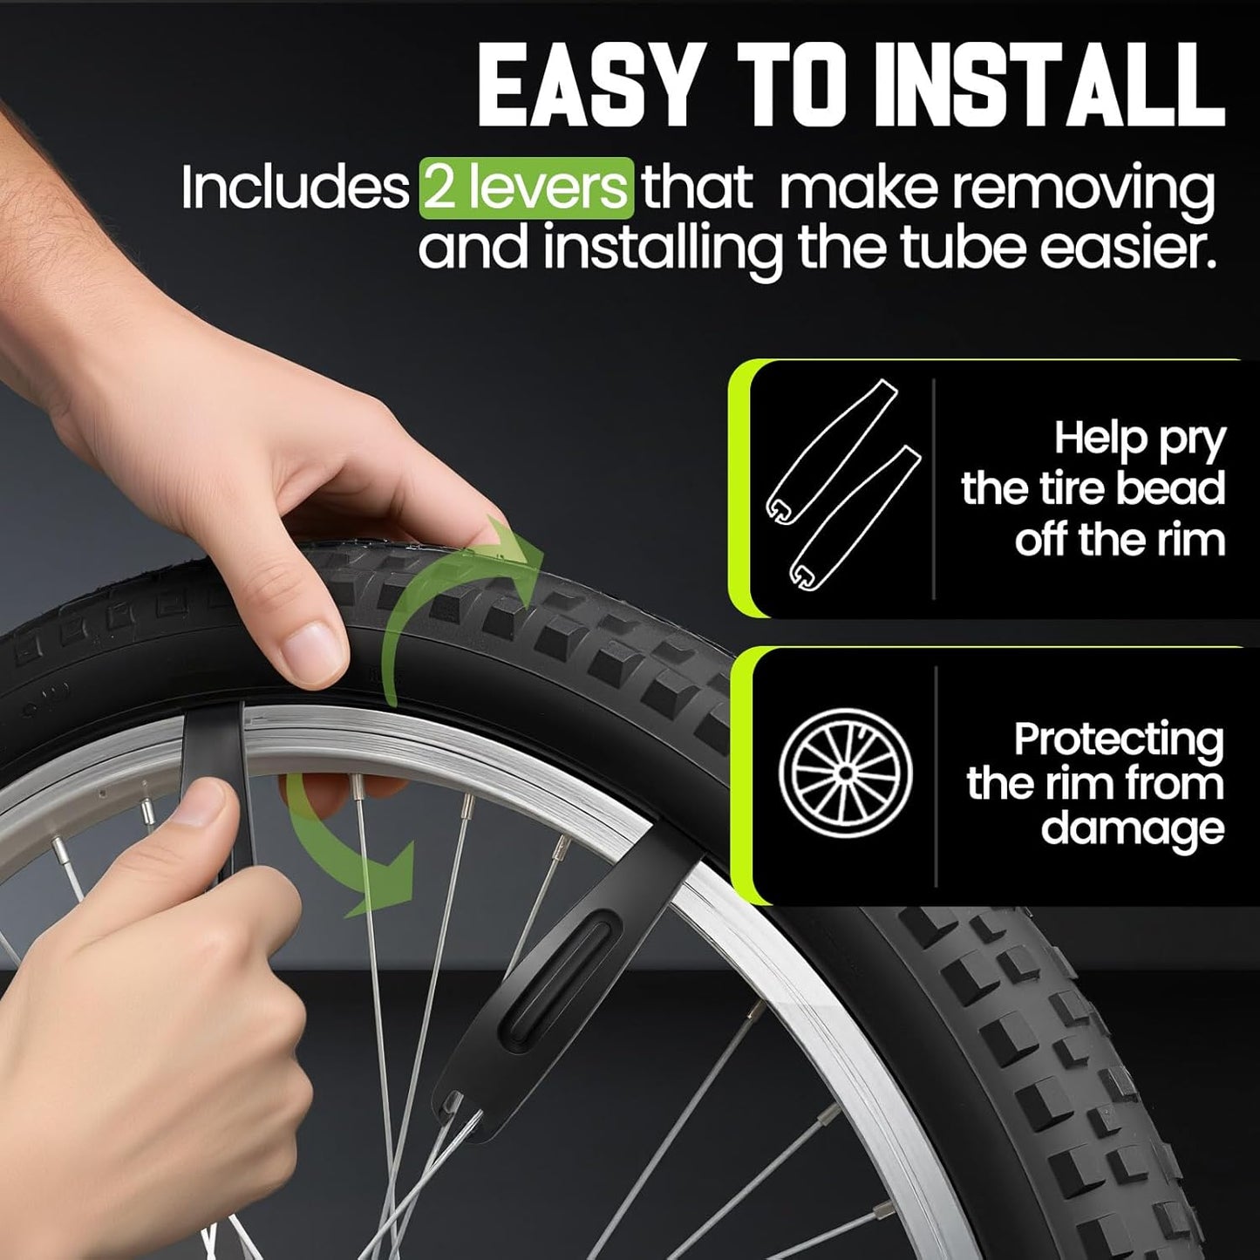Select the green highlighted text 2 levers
click(x=526, y=187)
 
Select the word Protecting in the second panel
click(x=1119, y=739)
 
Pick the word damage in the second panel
click(x=1133, y=827)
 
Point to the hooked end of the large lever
click(x=453, y=1103)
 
